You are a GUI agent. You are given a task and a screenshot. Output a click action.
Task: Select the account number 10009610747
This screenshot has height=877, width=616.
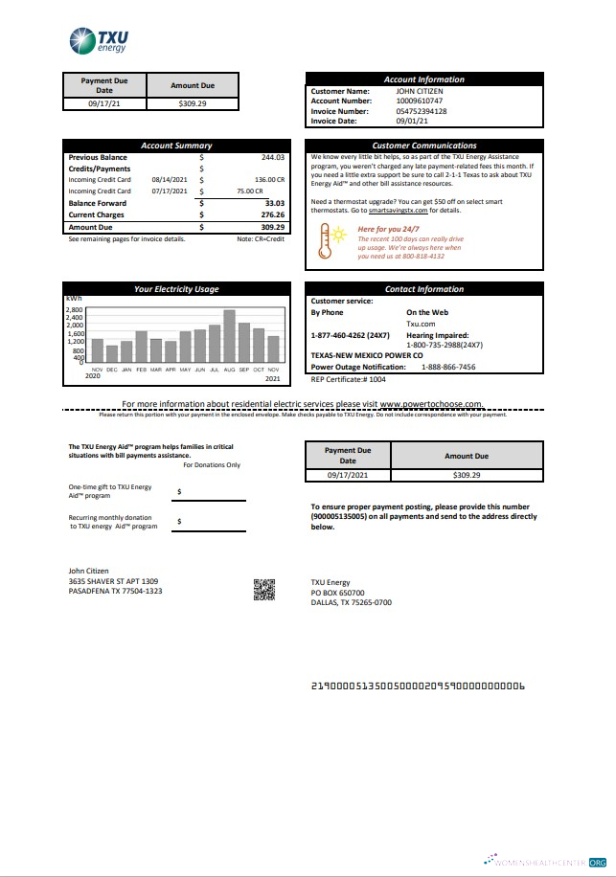pyautogui.click(x=420, y=100)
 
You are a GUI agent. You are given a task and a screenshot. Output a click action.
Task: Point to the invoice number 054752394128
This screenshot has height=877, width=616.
pyautogui.click(x=422, y=111)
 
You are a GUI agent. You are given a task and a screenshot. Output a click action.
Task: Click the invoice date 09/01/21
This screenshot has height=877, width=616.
pyautogui.click(x=412, y=122)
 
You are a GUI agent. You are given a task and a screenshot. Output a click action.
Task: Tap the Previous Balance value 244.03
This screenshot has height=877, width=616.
pyautogui.click(x=272, y=157)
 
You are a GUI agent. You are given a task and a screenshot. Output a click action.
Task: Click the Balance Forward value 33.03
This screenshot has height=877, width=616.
pyautogui.click(x=274, y=203)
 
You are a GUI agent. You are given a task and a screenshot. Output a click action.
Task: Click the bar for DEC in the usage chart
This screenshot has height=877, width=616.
pyautogui.click(x=111, y=353)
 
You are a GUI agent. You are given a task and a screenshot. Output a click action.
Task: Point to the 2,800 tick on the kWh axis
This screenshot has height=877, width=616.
pyautogui.click(x=75, y=310)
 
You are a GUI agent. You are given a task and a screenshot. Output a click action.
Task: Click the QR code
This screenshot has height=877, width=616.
pyautogui.click(x=263, y=591)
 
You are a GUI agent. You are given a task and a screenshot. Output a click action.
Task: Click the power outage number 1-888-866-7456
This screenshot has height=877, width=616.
pyautogui.click(x=448, y=367)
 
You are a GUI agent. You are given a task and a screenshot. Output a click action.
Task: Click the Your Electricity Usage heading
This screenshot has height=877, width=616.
pyautogui.click(x=176, y=289)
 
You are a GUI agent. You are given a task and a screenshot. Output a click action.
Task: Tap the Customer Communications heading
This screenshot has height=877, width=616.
pyautogui.click(x=423, y=146)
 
